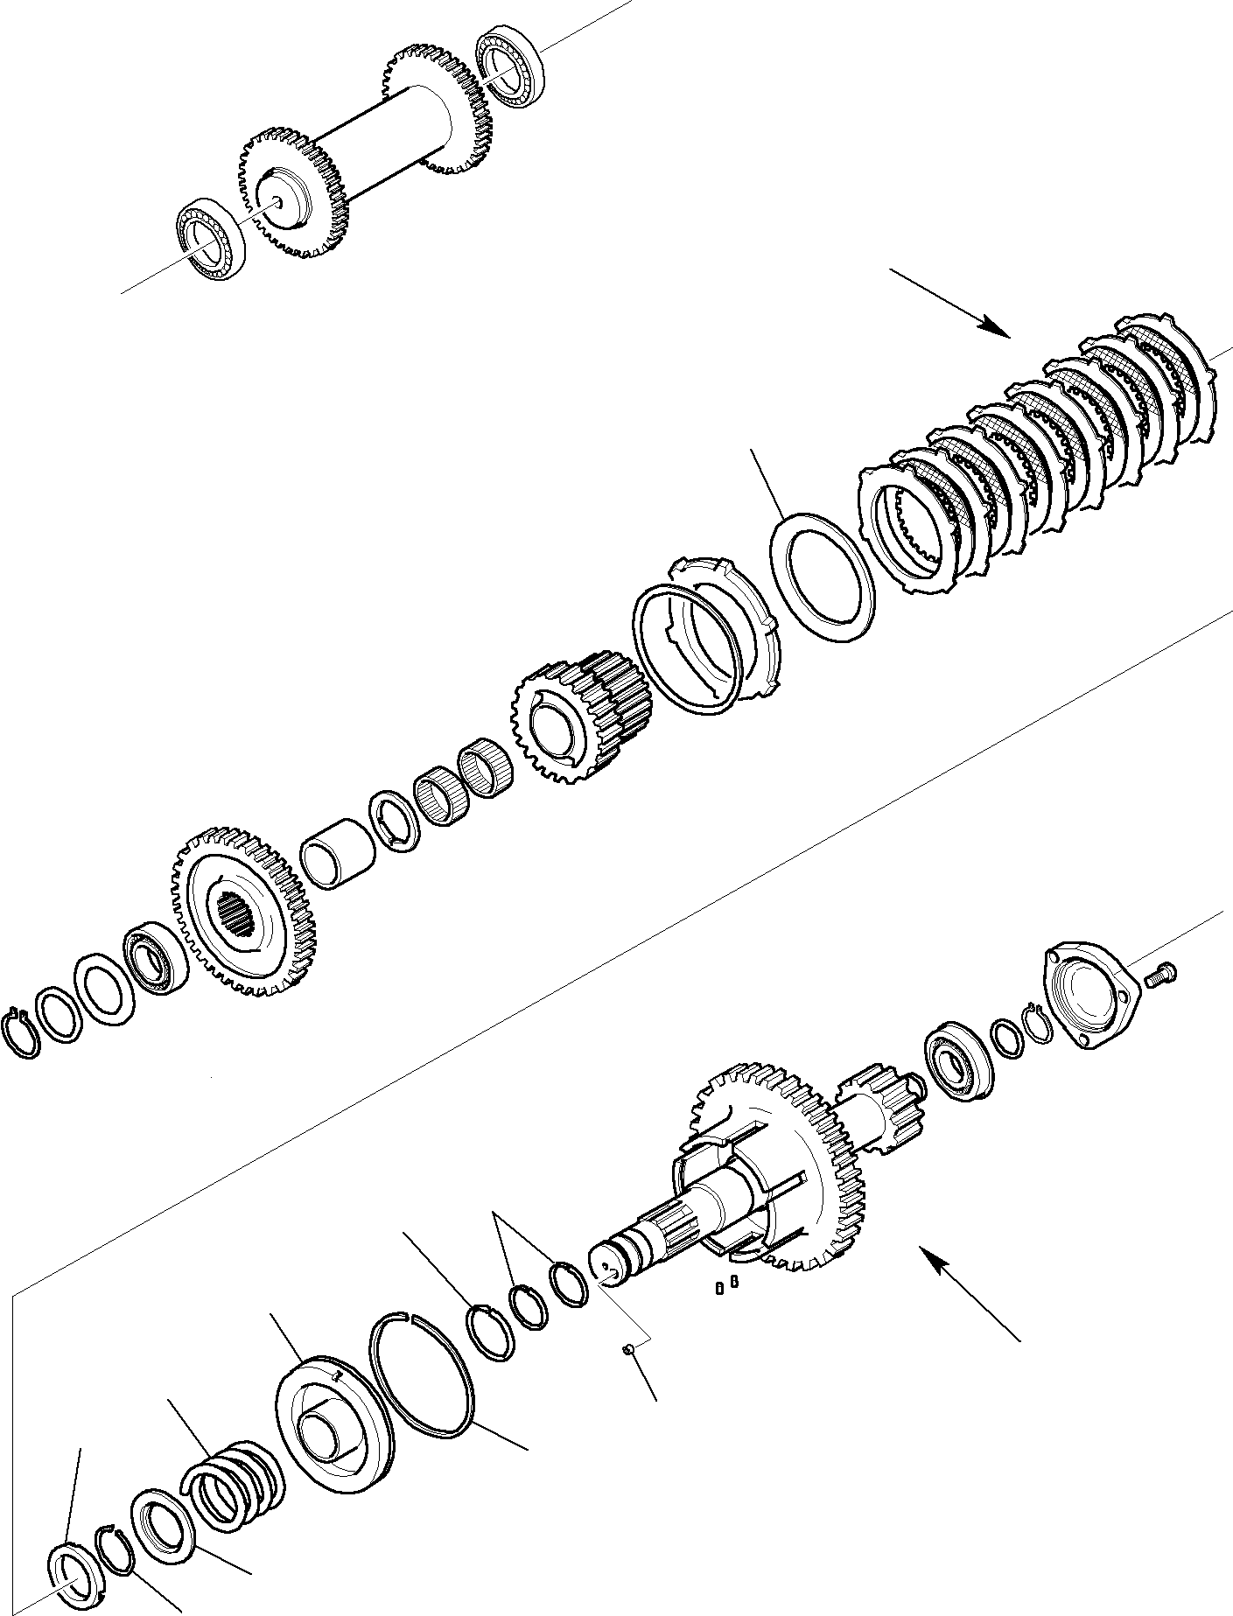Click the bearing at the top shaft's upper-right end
pos(511,64)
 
